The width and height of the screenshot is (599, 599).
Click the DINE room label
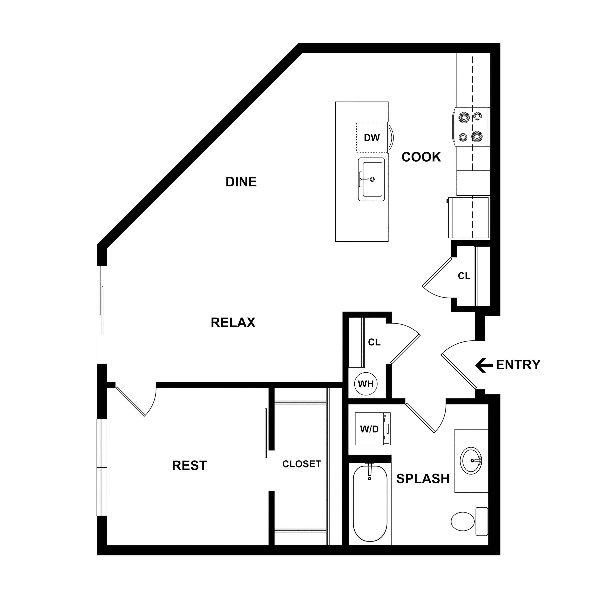241,182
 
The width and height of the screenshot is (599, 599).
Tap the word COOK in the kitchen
421,157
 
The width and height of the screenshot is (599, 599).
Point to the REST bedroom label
189,466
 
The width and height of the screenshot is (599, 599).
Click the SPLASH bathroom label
423,479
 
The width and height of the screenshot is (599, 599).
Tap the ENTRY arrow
484,365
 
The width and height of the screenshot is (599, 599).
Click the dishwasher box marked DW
372,138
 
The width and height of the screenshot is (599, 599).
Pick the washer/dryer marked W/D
372,429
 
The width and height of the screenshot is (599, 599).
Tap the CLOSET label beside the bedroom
302,464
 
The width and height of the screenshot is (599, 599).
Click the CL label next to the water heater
374,342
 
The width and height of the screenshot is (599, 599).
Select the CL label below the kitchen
464,276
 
